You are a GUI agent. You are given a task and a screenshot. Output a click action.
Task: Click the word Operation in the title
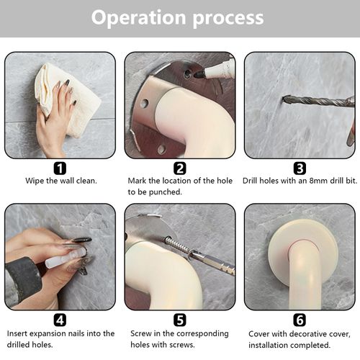point(138,18)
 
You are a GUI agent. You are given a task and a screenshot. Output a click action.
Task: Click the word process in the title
point(228,19)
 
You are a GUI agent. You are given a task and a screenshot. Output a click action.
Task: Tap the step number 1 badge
point(60,168)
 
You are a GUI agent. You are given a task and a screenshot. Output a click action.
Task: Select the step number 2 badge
point(180,168)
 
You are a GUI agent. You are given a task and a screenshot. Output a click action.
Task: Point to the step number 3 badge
point(300,168)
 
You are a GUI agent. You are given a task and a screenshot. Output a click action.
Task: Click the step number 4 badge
point(60,320)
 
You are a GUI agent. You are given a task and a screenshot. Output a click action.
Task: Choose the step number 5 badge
point(180,320)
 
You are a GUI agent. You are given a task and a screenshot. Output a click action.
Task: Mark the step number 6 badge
point(300,320)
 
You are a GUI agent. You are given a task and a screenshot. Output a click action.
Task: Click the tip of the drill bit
point(283,99)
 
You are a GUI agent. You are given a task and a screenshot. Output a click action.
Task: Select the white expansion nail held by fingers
point(65,257)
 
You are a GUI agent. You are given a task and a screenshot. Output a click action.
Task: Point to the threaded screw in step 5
point(177,245)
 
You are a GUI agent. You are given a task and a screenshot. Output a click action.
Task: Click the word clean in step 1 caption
point(86,181)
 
